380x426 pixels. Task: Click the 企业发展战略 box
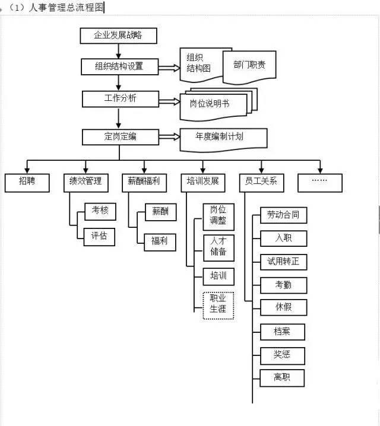click(x=119, y=35)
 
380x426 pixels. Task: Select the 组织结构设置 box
click(x=119, y=66)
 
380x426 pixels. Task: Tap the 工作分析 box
click(x=120, y=98)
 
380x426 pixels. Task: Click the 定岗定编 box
click(x=120, y=136)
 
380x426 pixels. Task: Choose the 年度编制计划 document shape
click(x=223, y=137)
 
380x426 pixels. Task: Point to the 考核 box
click(x=99, y=211)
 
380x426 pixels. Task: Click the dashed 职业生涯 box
click(x=218, y=305)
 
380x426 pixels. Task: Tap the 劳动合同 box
click(x=283, y=215)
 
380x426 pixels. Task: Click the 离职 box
click(x=283, y=378)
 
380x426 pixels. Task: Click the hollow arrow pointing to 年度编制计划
click(x=170, y=137)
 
